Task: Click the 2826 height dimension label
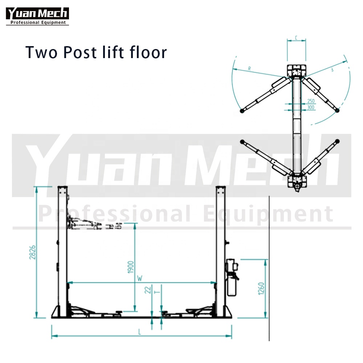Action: click(x=32, y=252)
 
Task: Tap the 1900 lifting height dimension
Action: click(x=131, y=267)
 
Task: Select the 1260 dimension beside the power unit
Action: click(x=261, y=289)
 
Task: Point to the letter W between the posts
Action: click(x=140, y=278)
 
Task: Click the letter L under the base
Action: click(x=139, y=333)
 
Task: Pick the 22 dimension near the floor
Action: click(x=148, y=290)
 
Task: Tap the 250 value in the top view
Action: click(x=311, y=101)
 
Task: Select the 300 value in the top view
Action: click(x=311, y=107)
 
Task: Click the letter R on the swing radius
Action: click(x=249, y=69)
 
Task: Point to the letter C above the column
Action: click(x=296, y=38)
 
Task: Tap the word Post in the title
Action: click(x=80, y=52)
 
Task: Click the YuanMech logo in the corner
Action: click(x=37, y=16)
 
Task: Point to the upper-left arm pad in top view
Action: click(x=242, y=111)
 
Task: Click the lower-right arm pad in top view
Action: click(x=337, y=141)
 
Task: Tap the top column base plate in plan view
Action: click(x=297, y=71)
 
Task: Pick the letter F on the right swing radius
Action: click(x=333, y=69)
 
